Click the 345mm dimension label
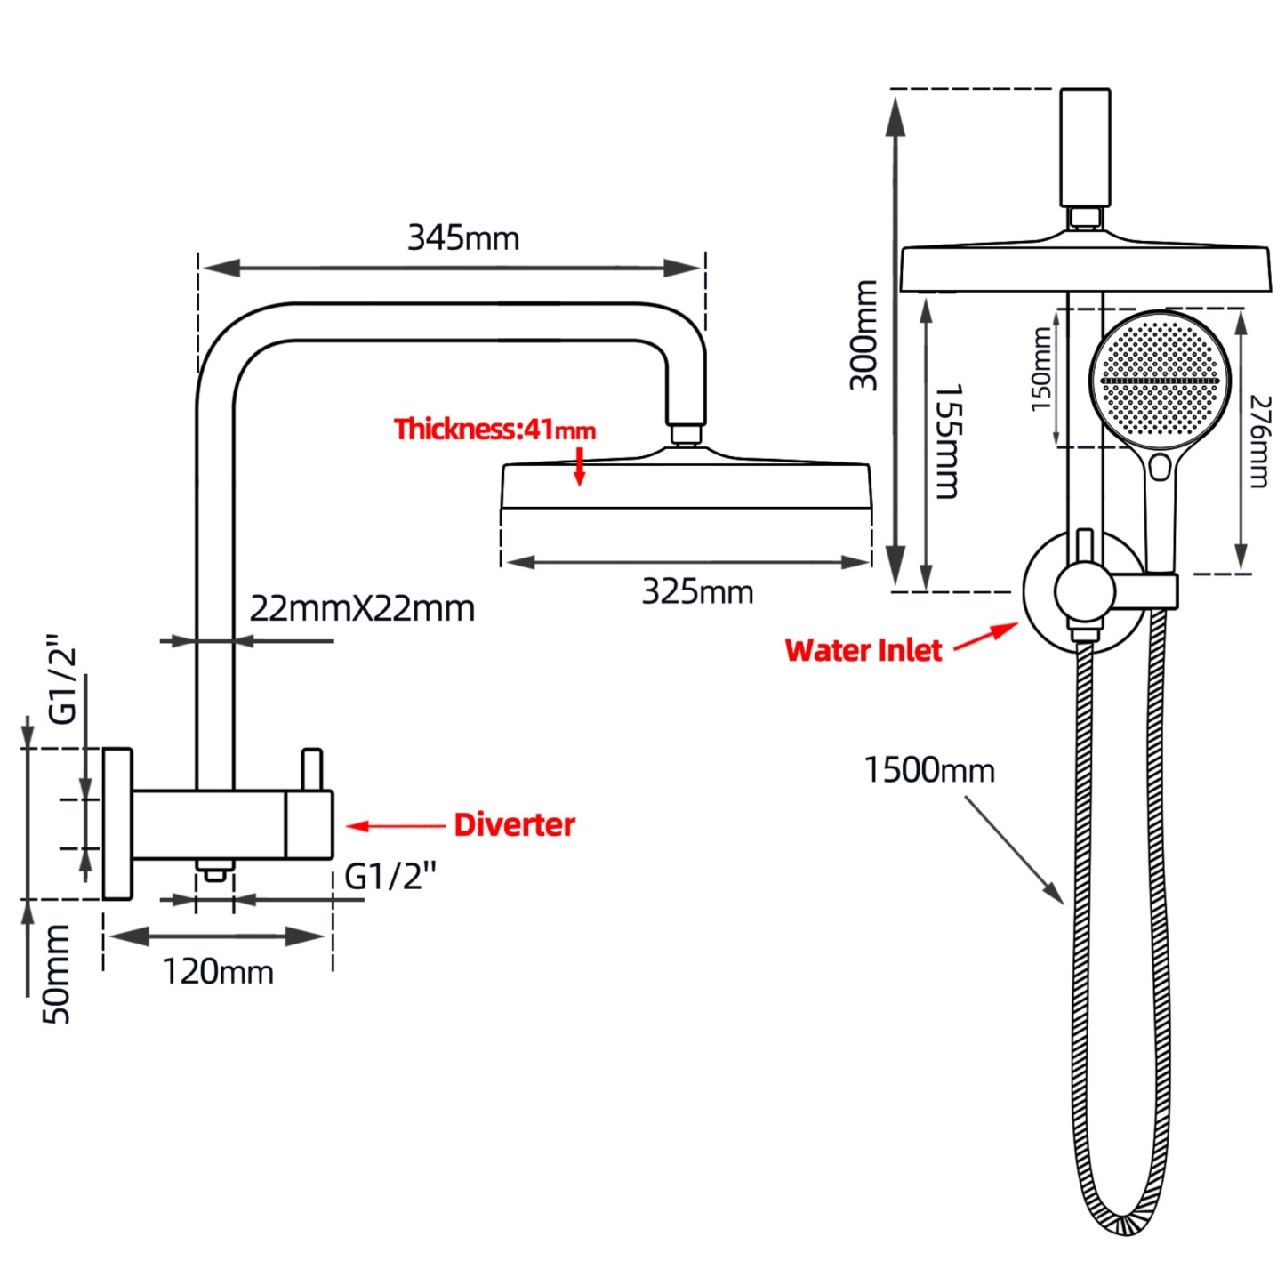462,238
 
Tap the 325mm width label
697,592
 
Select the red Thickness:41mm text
494,430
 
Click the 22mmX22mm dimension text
362,609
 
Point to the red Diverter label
514,825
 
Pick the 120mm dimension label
218,972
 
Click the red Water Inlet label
863,651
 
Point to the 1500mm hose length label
929,770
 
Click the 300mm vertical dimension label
863,335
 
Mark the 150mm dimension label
1042,369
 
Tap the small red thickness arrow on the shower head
580,467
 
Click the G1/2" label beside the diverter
390,878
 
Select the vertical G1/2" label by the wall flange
63,679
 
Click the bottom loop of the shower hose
1122,1223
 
